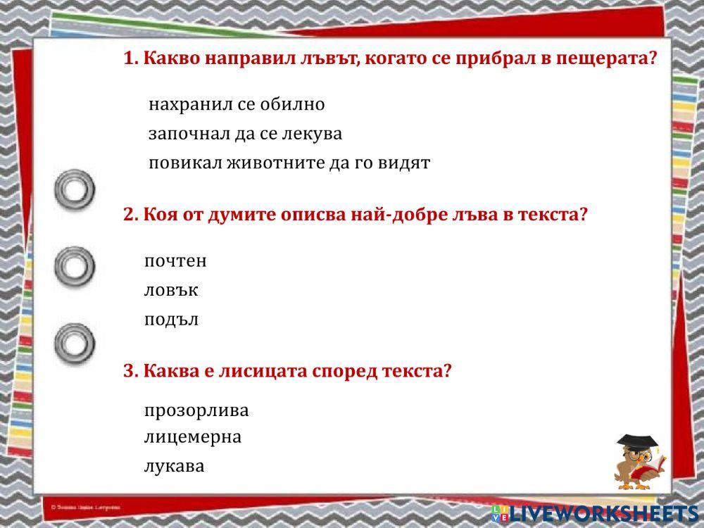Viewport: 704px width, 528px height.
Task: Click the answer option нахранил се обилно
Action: (x=237, y=105)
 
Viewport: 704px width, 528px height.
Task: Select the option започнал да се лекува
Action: (x=245, y=134)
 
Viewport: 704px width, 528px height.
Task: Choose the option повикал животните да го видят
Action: (x=289, y=163)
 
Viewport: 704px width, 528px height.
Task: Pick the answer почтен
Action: (x=175, y=261)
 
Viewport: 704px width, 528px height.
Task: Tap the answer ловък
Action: (x=171, y=290)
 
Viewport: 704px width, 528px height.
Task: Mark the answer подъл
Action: (x=171, y=320)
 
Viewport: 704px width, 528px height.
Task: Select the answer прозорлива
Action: (x=196, y=410)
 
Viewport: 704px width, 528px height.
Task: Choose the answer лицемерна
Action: (x=193, y=437)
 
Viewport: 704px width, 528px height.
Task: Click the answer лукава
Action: (x=174, y=466)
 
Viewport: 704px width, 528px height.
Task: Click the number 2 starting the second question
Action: (x=128, y=215)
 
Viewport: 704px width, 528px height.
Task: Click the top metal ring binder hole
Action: (x=75, y=189)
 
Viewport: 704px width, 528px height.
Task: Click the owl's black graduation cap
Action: (x=637, y=442)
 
